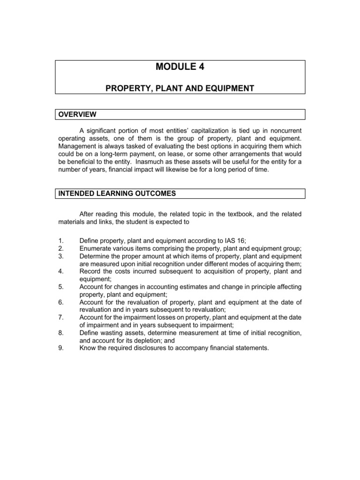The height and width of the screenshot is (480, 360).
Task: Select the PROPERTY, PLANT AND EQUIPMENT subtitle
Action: pyautogui.click(x=180, y=88)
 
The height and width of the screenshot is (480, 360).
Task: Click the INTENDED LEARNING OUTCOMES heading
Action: pyautogui.click(x=110, y=193)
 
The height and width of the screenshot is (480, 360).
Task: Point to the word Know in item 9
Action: pyautogui.click(x=88, y=348)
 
